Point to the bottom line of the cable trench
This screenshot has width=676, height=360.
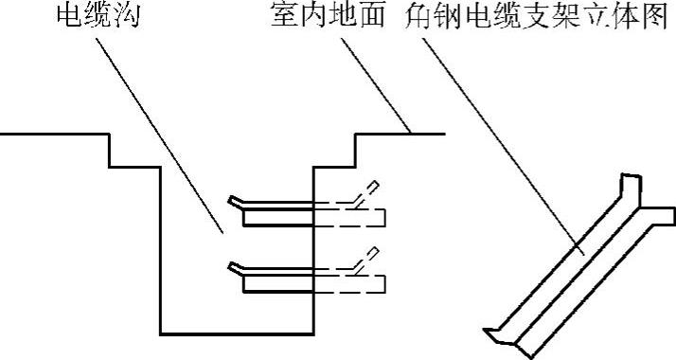click(237, 333)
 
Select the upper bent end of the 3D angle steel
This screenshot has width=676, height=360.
click(639, 194)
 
